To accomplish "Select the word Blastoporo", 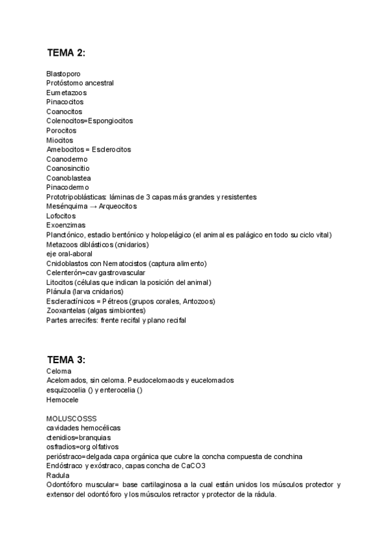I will (63, 74).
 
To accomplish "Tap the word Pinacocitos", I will (65, 102).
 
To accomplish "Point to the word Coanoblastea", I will (69, 178).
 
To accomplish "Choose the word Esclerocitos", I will (111, 150).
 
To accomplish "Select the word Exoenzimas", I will (66, 225).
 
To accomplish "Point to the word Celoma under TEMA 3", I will (59, 371).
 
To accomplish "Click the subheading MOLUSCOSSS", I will (71, 419).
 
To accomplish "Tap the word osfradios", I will (61, 447).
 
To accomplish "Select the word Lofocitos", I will (61, 216).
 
